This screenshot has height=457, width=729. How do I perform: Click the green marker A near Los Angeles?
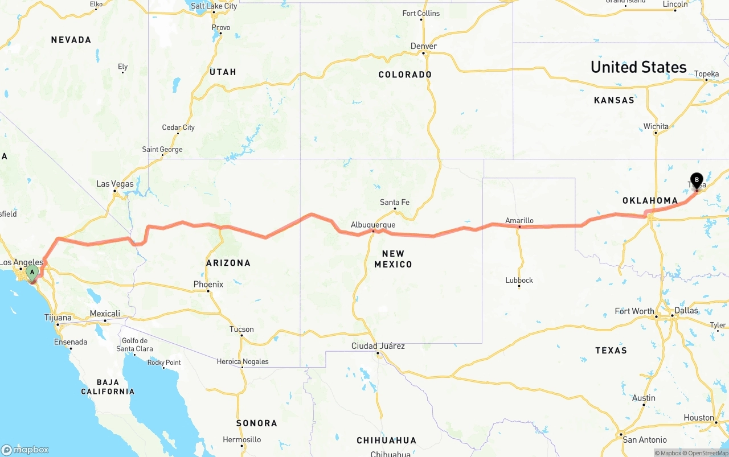click(x=32, y=272)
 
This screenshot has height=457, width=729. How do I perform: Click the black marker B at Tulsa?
click(x=696, y=180)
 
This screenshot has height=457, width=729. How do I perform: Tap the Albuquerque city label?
click(x=373, y=225)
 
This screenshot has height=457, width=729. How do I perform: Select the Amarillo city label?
click(x=519, y=220)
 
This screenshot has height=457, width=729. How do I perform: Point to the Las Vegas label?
click(x=115, y=184)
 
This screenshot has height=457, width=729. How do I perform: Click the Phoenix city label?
click(x=208, y=284)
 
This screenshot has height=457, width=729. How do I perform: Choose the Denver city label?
click(x=424, y=46)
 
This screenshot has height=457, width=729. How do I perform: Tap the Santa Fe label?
click(x=395, y=202)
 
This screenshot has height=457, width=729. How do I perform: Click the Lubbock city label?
click(x=519, y=280)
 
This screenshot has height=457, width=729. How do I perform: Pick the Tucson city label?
click(x=241, y=329)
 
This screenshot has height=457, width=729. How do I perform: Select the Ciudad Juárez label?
click(x=378, y=345)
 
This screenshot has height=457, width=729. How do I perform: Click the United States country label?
click(x=638, y=67)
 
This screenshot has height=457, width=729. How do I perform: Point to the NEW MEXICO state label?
click(x=393, y=259)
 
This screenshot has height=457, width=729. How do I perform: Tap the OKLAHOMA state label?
click(x=650, y=200)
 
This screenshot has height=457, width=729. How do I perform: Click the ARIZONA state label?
click(x=228, y=263)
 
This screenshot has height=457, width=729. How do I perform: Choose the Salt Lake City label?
click(x=214, y=6)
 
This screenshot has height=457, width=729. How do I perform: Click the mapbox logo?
click(x=25, y=450)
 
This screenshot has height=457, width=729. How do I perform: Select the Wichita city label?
click(x=656, y=126)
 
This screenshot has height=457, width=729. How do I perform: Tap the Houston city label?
click(x=699, y=418)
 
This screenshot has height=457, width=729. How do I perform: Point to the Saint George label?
click(x=162, y=150)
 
